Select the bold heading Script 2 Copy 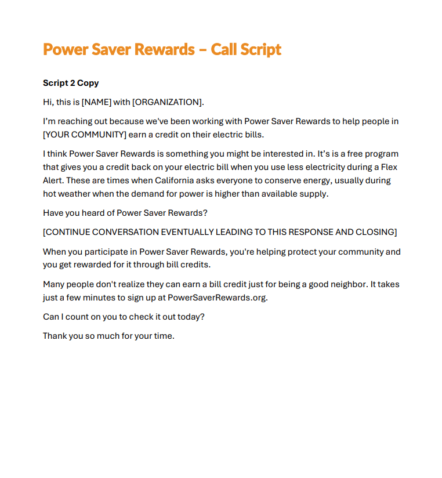(71, 83)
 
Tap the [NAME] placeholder (96, 102)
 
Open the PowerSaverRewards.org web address (217, 298)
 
